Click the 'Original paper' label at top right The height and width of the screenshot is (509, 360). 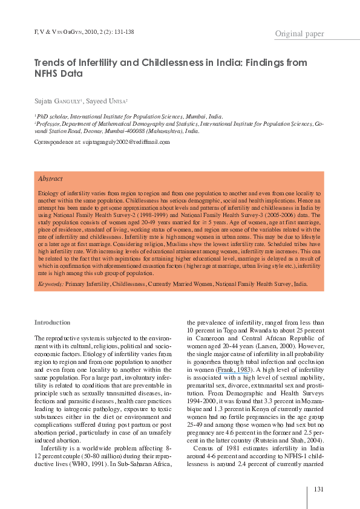point(299,34)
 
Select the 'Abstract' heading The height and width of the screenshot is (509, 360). point(50,179)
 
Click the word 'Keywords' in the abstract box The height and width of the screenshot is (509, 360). point(50,284)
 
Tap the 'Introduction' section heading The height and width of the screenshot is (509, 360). point(53,322)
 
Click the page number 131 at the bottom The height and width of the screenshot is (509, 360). point(319,488)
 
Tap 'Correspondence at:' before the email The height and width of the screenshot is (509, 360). point(57,141)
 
